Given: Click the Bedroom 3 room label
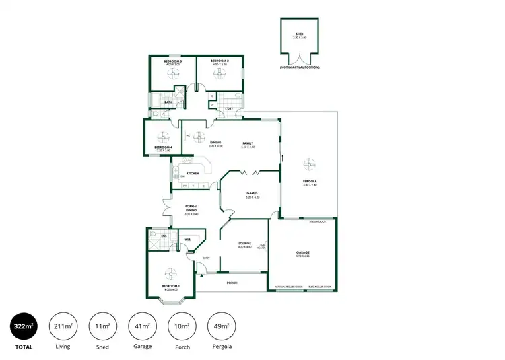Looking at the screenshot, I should pos(172,62).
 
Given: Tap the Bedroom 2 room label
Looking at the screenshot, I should pos(220,62).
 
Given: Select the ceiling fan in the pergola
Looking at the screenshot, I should pos(309,164).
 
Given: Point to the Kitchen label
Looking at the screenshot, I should pos(193,173).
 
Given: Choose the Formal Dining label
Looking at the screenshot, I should pos(191,209).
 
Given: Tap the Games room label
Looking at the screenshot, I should pos(252,195).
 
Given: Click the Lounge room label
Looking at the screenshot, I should pos(244,244).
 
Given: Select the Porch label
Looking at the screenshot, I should pos(233,283).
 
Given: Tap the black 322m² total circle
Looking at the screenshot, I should pos(23,327).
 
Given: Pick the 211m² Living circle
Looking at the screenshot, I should pos(63,327).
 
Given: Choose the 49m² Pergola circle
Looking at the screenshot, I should pos(221,327).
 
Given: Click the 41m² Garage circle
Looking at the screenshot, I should pos(141,327).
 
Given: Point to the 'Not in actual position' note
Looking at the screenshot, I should pos(300,67).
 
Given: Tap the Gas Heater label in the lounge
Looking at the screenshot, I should pos(263,246).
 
